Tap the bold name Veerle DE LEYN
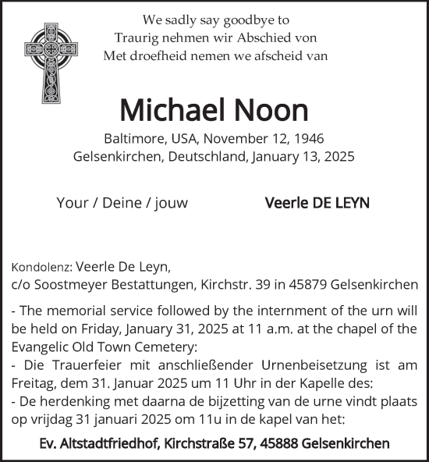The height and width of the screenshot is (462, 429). click(x=317, y=203)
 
